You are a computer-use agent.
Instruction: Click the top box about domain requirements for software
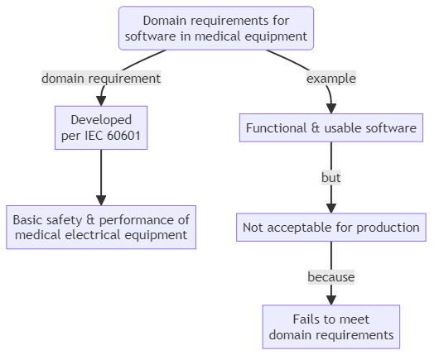pos(216,28)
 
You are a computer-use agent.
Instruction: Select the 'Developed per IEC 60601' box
pos(101,127)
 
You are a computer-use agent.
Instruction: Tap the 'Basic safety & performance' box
pos(101,227)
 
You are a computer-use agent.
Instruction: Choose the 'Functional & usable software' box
pos(331,128)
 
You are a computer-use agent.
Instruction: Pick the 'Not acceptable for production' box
pos(331,227)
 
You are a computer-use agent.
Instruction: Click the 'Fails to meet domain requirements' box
pos(331,326)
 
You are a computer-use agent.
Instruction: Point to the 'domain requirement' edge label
pos(101,79)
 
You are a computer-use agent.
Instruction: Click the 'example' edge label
pos(331,79)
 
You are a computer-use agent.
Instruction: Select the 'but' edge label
pos(331,177)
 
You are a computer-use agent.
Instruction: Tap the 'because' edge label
pos(331,276)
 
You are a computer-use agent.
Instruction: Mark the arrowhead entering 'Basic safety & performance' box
pos(101,200)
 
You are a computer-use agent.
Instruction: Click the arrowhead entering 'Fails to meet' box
pos(331,300)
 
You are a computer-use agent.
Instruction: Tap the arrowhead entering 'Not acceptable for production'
pos(331,209)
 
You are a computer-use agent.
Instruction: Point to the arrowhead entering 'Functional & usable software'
pos(331,109)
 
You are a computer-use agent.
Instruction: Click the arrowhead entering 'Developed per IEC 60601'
pos(101,100)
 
